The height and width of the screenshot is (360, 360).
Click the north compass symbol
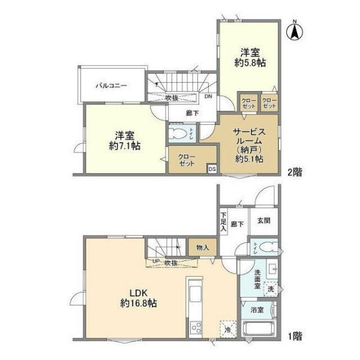click(x=295, y=31)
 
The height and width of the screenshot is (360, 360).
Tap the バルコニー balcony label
click(x=110, y=86)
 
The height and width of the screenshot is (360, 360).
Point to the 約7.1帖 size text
click(x=124, y=145)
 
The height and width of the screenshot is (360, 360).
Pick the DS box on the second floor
click(x=212, y=169)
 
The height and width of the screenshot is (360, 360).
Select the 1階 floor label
click(x=294, y=337)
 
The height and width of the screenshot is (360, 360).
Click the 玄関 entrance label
click(x=263, y=221)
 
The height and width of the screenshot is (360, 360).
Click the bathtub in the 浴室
click(x=258, y=329)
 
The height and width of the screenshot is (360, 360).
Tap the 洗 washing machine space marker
click(x=271, y=289)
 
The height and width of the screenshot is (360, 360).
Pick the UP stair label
click(x=155, y=262)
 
